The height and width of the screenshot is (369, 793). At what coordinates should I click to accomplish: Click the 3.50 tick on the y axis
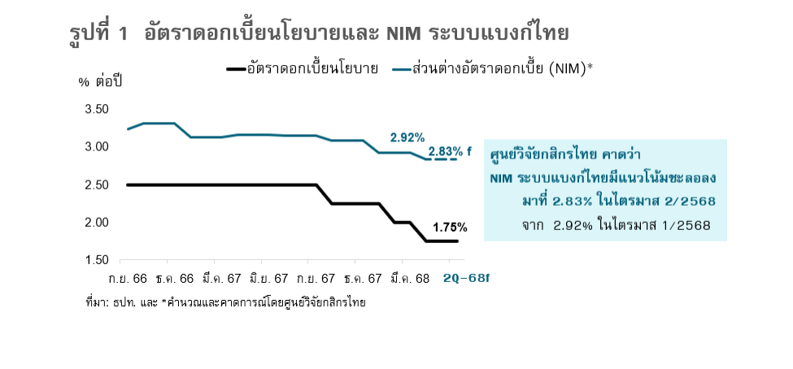coord(97,109)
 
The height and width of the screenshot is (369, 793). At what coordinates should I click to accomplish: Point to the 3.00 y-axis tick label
coord(97,147)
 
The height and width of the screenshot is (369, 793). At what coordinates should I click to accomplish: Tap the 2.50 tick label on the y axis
coord(97,184)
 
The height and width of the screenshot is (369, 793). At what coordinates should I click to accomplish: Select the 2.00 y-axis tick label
coord(97,222)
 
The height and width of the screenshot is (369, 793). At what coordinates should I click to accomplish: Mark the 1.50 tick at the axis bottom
coord(97,260)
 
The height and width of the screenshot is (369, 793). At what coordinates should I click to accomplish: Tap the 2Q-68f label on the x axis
coord(467,279)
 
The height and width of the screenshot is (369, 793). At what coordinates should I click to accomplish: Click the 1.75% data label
coord(450,227)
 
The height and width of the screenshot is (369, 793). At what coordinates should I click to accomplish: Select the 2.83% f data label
coord(450,151)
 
